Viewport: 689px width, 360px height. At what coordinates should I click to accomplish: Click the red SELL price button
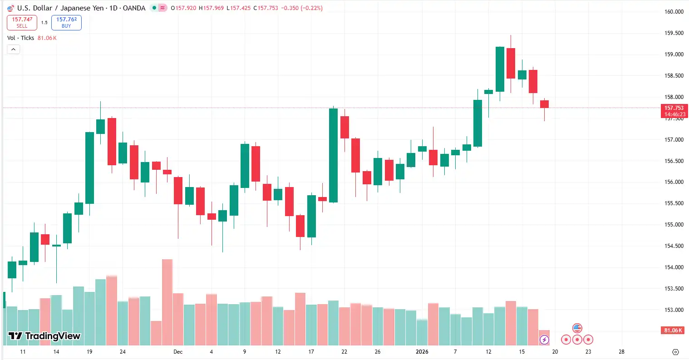[x=22, y=22]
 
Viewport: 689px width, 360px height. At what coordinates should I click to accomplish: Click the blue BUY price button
[x=66, y=22]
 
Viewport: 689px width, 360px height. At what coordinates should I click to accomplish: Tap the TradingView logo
[x=44, y=336]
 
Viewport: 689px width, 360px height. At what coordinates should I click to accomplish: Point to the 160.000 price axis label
[x=674, y=12]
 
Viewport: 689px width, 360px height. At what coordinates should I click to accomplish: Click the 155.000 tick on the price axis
[x=674, y=225]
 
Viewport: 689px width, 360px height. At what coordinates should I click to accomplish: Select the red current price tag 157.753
[x=674, y=108]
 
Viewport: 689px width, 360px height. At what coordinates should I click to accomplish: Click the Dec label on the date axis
[x=178, y=352]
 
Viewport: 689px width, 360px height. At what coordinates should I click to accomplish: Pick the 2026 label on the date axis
[x=422, y=352]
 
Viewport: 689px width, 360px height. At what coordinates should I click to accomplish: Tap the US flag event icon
[x=577, y=328]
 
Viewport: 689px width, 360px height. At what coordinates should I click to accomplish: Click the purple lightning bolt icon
[x=544, y=340]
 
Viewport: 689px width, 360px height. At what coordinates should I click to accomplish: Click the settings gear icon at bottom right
[x=675, y=352]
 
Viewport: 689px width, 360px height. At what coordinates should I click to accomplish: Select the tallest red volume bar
[x=167, y=302]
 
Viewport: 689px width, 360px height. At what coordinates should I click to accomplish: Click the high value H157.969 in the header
[x=211, y=8]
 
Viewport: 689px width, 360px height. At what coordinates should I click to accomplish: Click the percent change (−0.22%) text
[x=311, y=8]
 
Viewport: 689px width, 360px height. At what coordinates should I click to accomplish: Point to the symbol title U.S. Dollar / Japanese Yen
[x=60, y=8]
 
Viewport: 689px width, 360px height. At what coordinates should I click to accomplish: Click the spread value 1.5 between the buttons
[x=44, y=22]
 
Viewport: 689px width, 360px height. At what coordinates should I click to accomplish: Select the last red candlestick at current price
[x=544, y=104]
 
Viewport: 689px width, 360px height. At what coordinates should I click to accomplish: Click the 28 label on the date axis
[x=621, y=352]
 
